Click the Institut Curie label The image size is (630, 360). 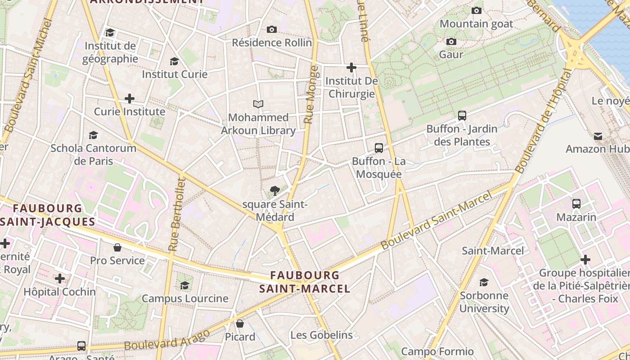[x=175, y=74]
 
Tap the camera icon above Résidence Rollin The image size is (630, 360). [x=272, y=30]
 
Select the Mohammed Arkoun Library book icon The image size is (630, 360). [x=258, y=104]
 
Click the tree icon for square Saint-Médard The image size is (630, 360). [x=274, y=191]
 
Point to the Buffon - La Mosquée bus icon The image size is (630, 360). [x=379, y=148]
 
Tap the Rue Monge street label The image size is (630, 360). [x=311, y=95]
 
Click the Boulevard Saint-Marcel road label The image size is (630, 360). [x=436, y=220]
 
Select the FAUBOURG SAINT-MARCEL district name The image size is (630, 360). [x=305, y=282]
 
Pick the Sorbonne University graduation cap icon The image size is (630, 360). [x=484, y=283]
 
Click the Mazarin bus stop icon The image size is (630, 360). [x=576, y=204]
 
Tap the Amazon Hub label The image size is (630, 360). [x=597, y=149]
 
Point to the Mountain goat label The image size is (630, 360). [x=476, y=24]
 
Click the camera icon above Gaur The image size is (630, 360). [x=451, y=42]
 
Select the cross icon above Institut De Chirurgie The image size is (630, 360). [x=351, y=68]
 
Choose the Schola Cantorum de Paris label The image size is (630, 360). [x=93, y=154]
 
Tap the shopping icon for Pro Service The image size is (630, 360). [x=117, y=248]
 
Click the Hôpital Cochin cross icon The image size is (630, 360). [x=60, y=279]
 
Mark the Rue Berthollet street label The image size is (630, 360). [x=176, y=214]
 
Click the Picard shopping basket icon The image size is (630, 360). [x=240, y=324]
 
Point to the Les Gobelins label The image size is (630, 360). [x=321, y=335]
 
